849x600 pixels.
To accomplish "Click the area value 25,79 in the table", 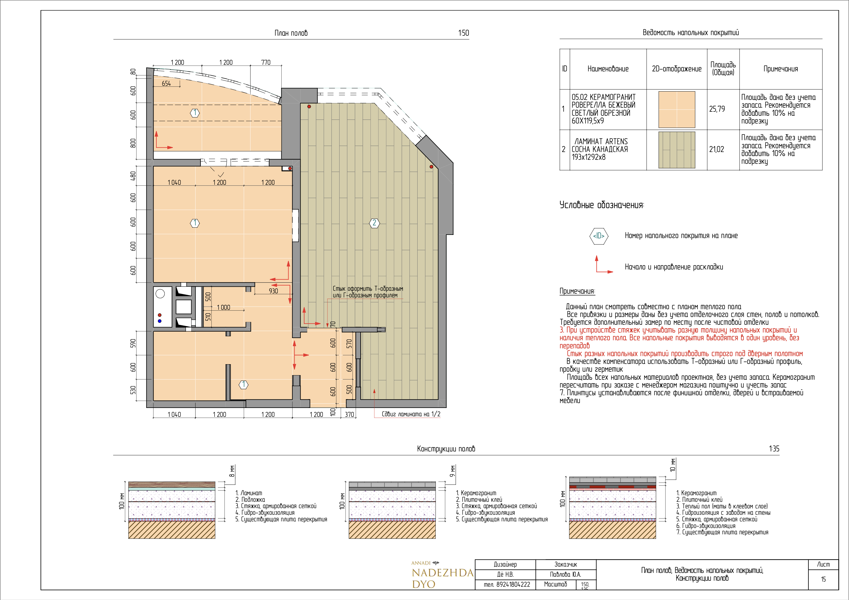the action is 717,109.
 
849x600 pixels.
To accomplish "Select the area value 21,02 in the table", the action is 717,149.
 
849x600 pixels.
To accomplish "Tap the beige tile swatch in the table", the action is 677,109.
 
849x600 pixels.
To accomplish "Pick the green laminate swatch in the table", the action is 677,150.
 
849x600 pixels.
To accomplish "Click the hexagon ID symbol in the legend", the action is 599,236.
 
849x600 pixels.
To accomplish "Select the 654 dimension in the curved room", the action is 166,83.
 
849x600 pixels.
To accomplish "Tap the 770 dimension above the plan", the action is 266,62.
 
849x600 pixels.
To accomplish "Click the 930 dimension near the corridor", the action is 273,291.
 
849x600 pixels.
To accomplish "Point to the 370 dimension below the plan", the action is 349,414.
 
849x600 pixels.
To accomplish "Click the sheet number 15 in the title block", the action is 823,579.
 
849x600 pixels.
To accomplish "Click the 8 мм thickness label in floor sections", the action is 232,471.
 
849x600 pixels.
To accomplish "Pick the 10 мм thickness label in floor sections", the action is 673,465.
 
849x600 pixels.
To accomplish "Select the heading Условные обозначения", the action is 602,205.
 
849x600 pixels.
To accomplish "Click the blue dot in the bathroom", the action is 160,321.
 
